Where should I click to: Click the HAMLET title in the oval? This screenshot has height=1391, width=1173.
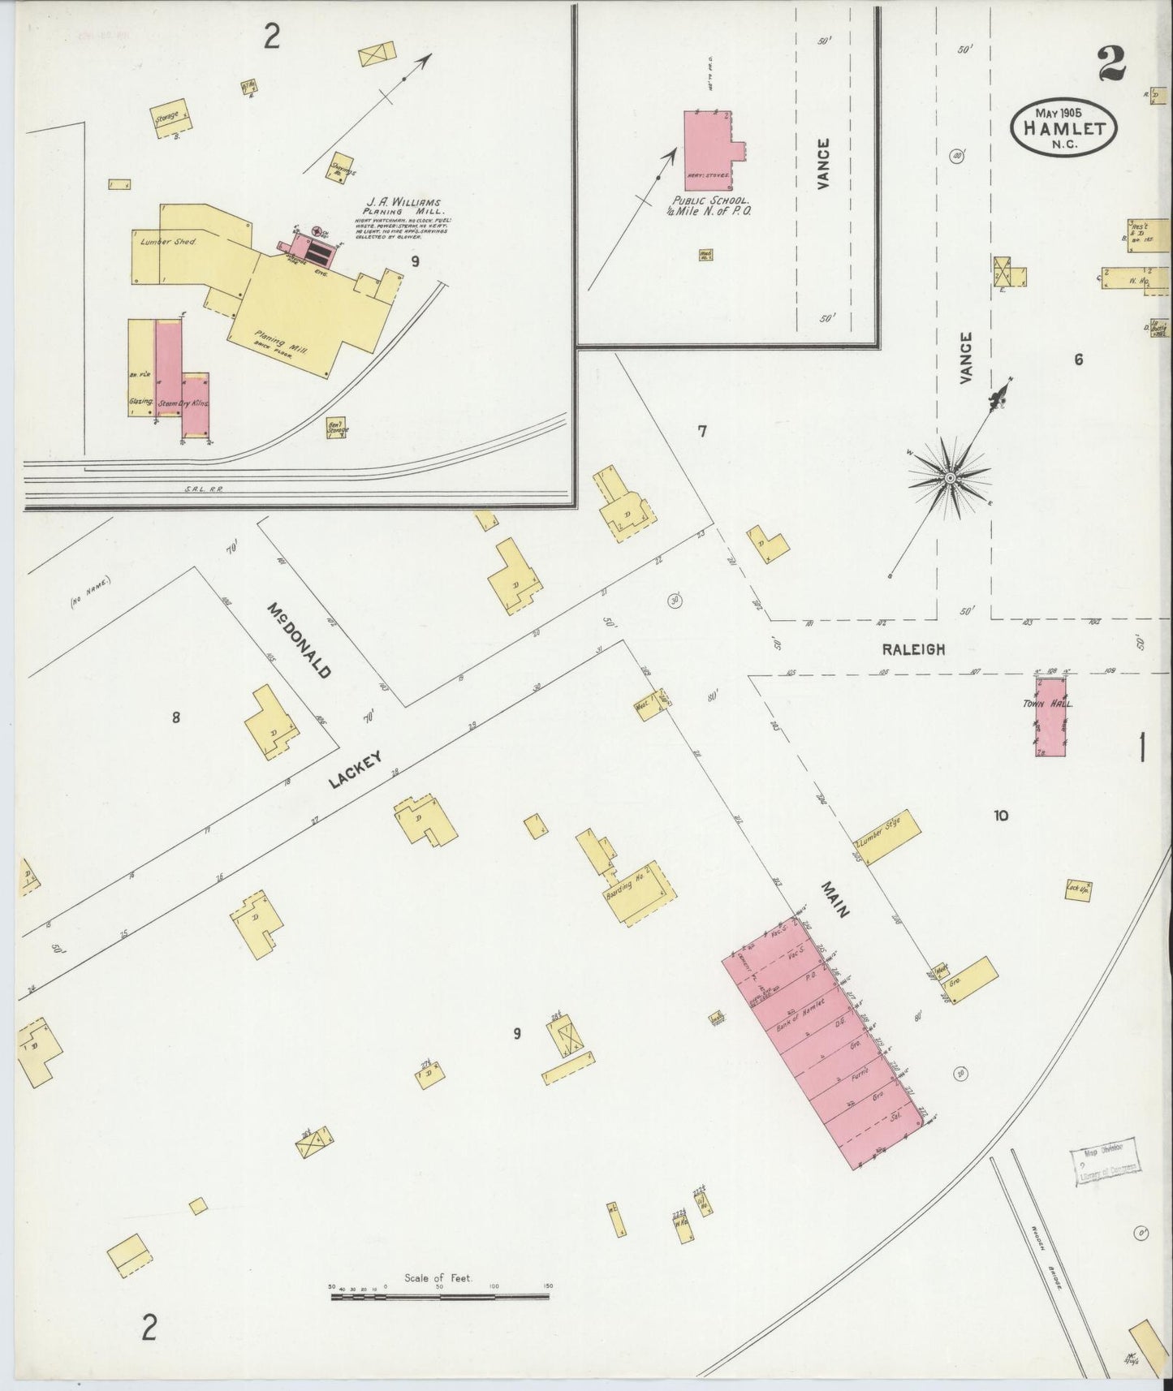[x=1063, y=129]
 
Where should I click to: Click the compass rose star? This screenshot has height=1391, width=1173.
[x=948, y=478]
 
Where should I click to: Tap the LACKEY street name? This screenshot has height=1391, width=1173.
[x=355, y=769]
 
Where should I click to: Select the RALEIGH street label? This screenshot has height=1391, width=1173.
[x=913, y=649]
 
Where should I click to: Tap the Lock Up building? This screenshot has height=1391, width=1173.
[x=1077, y=889]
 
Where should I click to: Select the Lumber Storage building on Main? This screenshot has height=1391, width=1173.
[x=888, y=838]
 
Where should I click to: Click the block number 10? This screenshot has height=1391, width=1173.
[x=1000, y=816]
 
